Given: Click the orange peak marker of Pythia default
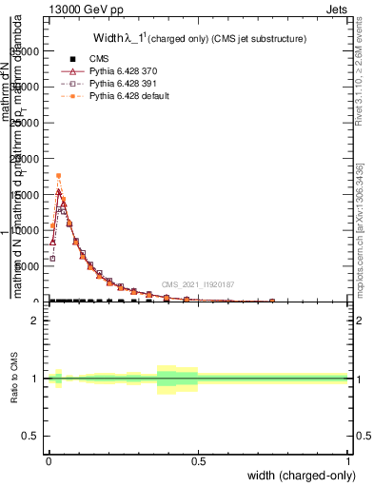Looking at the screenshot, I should point(59,175).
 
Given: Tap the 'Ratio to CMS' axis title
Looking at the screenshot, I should point(15,379).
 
